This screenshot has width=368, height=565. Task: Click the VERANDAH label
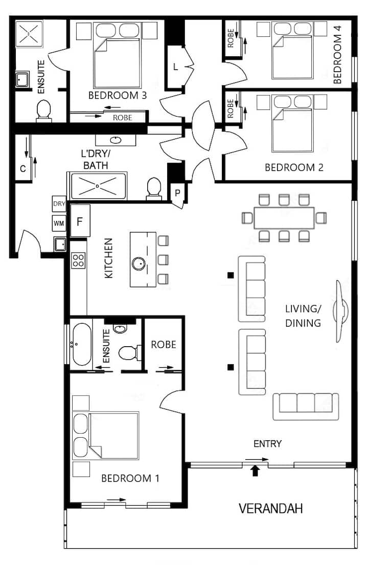click(x=271, y=508)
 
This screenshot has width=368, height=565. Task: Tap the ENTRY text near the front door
click(x=267, y=444)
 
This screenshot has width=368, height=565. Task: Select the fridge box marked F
click(x=80, y=221)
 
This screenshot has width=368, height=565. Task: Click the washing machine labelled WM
click(x=59, y=223)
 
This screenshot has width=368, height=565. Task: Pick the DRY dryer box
click(x=59, y=204)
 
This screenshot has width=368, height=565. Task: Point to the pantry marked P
click(x=177, y=193)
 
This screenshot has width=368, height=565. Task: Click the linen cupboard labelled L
click(x=175, y=67)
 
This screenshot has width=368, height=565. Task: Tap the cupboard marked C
click(x=22, y=168)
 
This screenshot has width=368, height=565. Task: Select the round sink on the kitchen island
click(x=139, y=263)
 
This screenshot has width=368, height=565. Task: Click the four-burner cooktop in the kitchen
click(x=79, y=260)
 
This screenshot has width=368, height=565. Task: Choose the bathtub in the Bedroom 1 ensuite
click(x=82, y=345)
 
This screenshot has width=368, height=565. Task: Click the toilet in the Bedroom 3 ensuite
click(x=44, y=110)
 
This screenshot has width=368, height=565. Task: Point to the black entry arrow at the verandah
click(x=255, y=470)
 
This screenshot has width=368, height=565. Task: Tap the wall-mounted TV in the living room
click(x=340, y=311)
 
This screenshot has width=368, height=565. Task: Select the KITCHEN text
click(x=108, y=258)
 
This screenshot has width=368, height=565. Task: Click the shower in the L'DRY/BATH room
click(x=98, y=186)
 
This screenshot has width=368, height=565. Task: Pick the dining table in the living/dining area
click(x=284, y=218)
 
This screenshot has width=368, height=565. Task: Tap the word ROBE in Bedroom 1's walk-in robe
click(x=164, y=345)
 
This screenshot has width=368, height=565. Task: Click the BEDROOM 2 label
click(x=294, y=167)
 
